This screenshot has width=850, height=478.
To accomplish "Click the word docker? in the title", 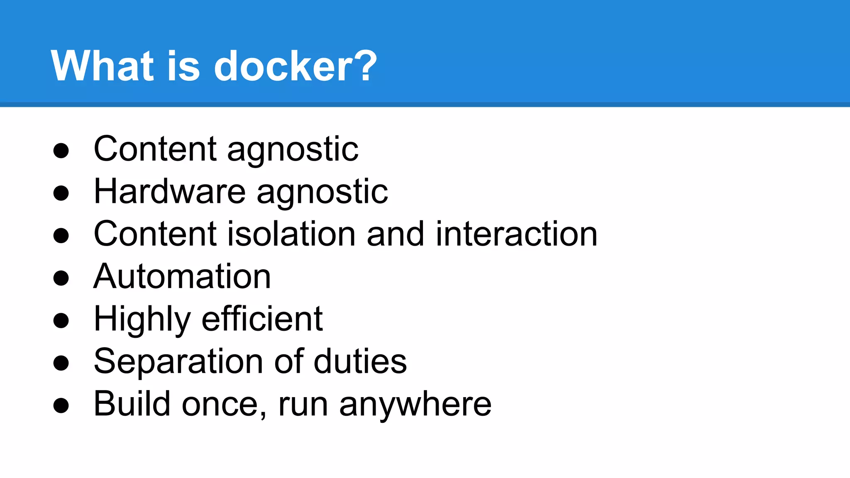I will click(x=295, y=66).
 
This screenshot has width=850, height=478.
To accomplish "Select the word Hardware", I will click(x=170, y=192).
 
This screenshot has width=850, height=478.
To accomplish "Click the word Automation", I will click(x=182, y=277).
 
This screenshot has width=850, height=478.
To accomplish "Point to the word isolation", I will click(x=291, y=234).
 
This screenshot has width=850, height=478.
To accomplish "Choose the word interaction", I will click(x=516, y=234).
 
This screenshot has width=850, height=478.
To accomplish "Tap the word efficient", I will click(x=262, y=319).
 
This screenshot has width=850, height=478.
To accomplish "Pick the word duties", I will click(x=360, y=362).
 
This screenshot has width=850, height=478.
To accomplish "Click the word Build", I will click(x=132, y=404).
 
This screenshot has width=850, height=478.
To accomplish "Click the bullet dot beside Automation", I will click(x=61, y=278).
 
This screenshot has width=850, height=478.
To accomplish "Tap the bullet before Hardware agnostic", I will click(x=61, y=193).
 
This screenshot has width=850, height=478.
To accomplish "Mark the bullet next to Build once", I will click(x=61, y=405).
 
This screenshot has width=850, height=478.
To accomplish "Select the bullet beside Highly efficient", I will click(x=61, y=320).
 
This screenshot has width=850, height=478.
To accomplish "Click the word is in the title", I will click(x=183, y=66).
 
